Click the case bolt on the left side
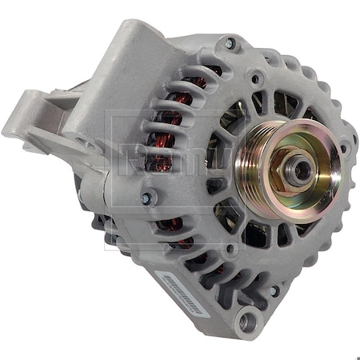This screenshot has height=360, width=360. click(x=146, y=198)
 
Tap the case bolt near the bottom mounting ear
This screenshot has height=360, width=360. click(x=275, y=290)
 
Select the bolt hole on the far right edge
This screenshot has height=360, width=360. click(x=346, y=147)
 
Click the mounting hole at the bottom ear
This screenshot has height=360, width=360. click(x=245, y=322)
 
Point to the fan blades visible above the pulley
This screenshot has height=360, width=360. click(x=276, y=104)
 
